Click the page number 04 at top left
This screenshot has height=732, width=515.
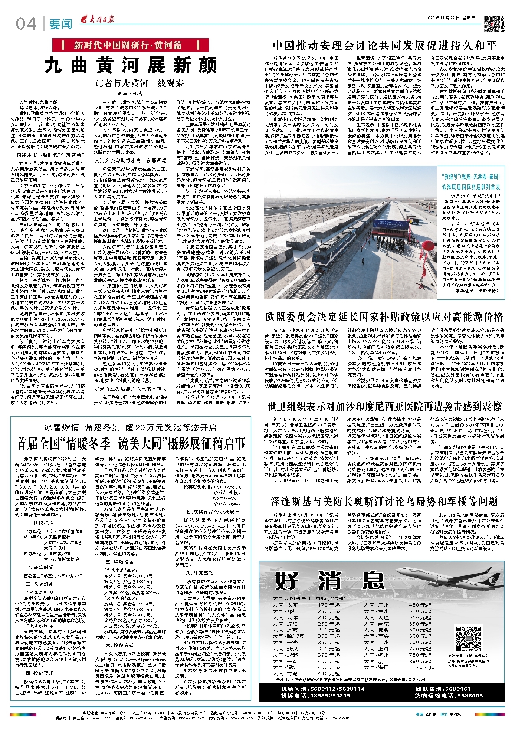click(x=26, y=24)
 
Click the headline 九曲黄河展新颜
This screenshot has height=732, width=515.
click(x=131, y=66)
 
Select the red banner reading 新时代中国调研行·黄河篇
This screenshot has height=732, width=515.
click(x=128, y=45)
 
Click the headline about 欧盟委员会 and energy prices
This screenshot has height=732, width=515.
click(x=384, y=316)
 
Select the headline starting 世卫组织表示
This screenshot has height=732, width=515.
click(x=384, y=406)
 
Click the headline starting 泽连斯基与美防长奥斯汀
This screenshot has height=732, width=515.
click(x=384, y=502)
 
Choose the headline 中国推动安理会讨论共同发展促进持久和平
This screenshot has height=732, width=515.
click(x=384, y=46)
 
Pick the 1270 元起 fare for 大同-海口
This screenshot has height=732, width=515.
click(x=421, y=667)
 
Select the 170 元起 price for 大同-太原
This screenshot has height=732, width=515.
click(x=328, y=605)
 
